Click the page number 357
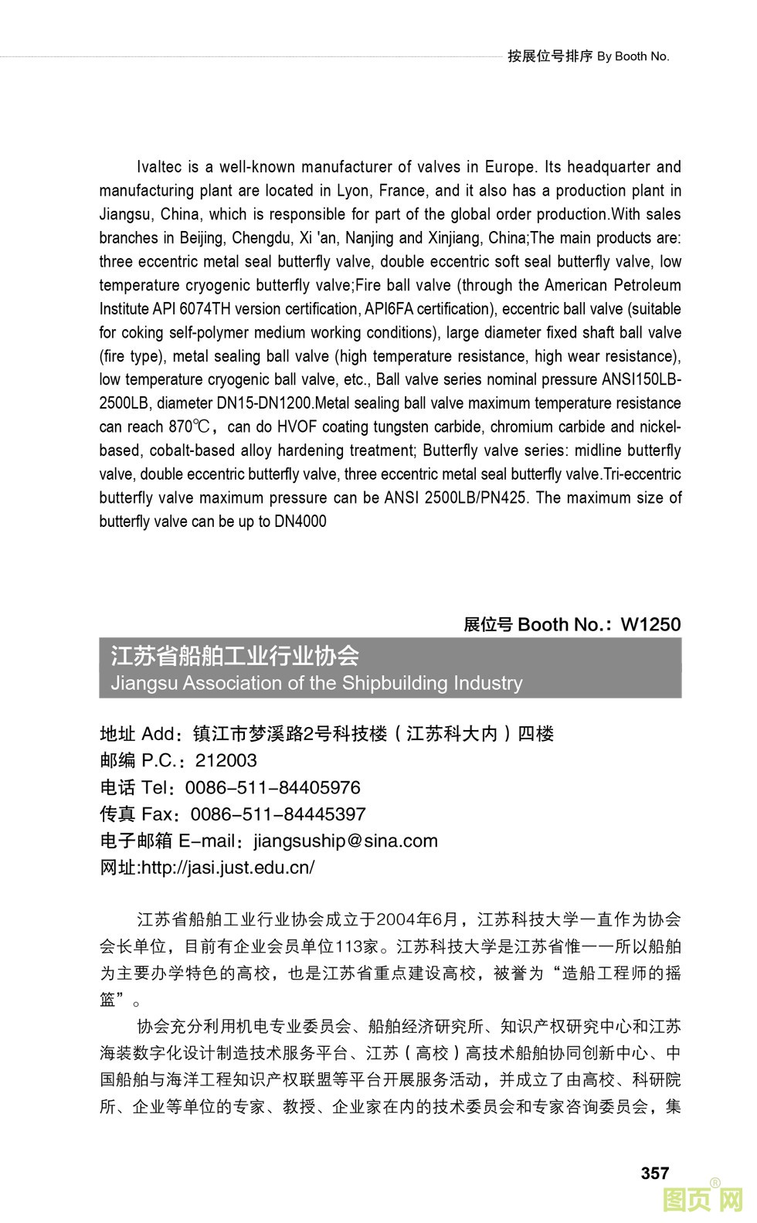654,1173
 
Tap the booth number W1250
650,624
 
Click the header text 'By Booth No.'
633,56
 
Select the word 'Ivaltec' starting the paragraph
159,167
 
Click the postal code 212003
226,760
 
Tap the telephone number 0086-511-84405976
273,787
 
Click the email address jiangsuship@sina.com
345,841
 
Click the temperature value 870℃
188,426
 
